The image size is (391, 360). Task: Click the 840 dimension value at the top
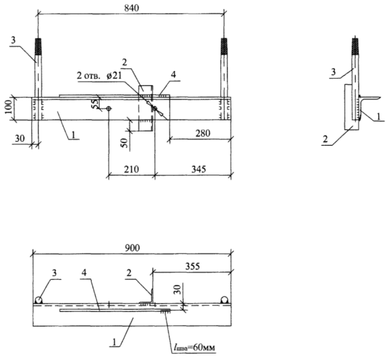click(132, 8)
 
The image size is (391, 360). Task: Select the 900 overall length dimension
click(132, 248)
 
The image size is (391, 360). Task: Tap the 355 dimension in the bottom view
click(192, 266)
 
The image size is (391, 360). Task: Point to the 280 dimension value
click(203, 133)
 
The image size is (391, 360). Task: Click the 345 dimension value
click(199, 169)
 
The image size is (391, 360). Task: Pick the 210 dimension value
click(131, 169)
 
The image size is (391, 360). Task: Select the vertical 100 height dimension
click(8, 107)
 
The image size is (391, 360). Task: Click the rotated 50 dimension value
click(125, 143)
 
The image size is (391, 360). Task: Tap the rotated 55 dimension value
click(95, 103)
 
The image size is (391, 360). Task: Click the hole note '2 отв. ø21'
click(99, 76)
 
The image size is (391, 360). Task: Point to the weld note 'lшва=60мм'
click(194, 347)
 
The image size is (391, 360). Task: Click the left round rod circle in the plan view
click(38, 299)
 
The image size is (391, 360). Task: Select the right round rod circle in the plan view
click(224, 299)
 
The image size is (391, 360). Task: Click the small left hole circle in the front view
click(108, 108)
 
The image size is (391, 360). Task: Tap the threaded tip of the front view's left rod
click(38, 46)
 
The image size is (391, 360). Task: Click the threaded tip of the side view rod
click(355, 46)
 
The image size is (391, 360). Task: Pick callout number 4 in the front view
click(173, 75)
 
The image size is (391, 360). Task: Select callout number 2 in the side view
click(325, 139)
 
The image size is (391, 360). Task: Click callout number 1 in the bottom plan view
click(114, 342)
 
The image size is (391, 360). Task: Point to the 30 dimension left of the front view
click(20, 139)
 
